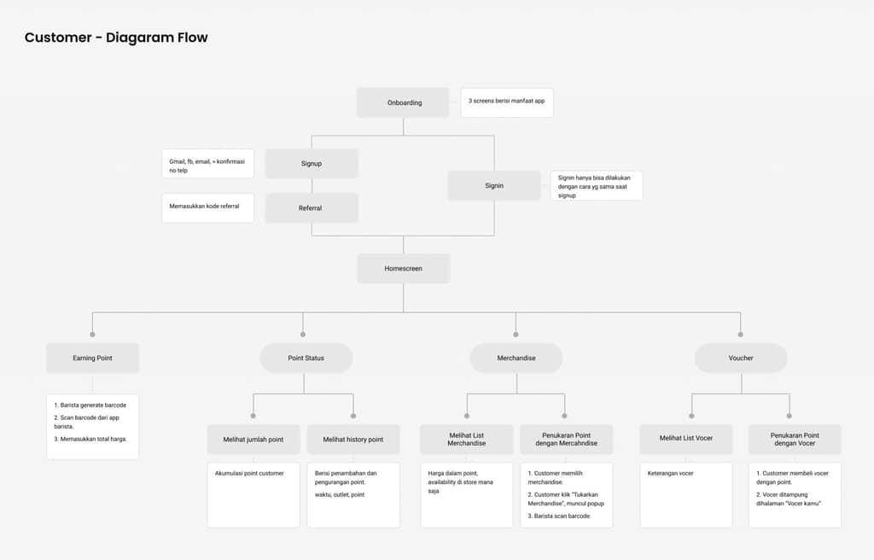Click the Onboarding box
tap(403, 102)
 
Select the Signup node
tap(312, 163)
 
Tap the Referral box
tap(312, 208)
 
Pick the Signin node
tap(494, 186)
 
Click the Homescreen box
tap(404, 268)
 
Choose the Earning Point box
tap(92, 358)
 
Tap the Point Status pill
tap(306, 358)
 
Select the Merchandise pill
tap(516, 358)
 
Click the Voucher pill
tap(741, 358)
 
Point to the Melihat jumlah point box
tap(253, 440)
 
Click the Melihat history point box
tap(353, 440)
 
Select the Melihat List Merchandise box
tap(467, 440)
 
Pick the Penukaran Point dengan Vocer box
tap(795, 440)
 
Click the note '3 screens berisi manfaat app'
tap(507, 102)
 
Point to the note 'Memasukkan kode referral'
tap(208, 208)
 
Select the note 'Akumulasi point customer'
tap(253, 495)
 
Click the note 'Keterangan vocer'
tap(686, 495)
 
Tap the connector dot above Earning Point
tap(92, 335)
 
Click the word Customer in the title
tap(58, 38)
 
